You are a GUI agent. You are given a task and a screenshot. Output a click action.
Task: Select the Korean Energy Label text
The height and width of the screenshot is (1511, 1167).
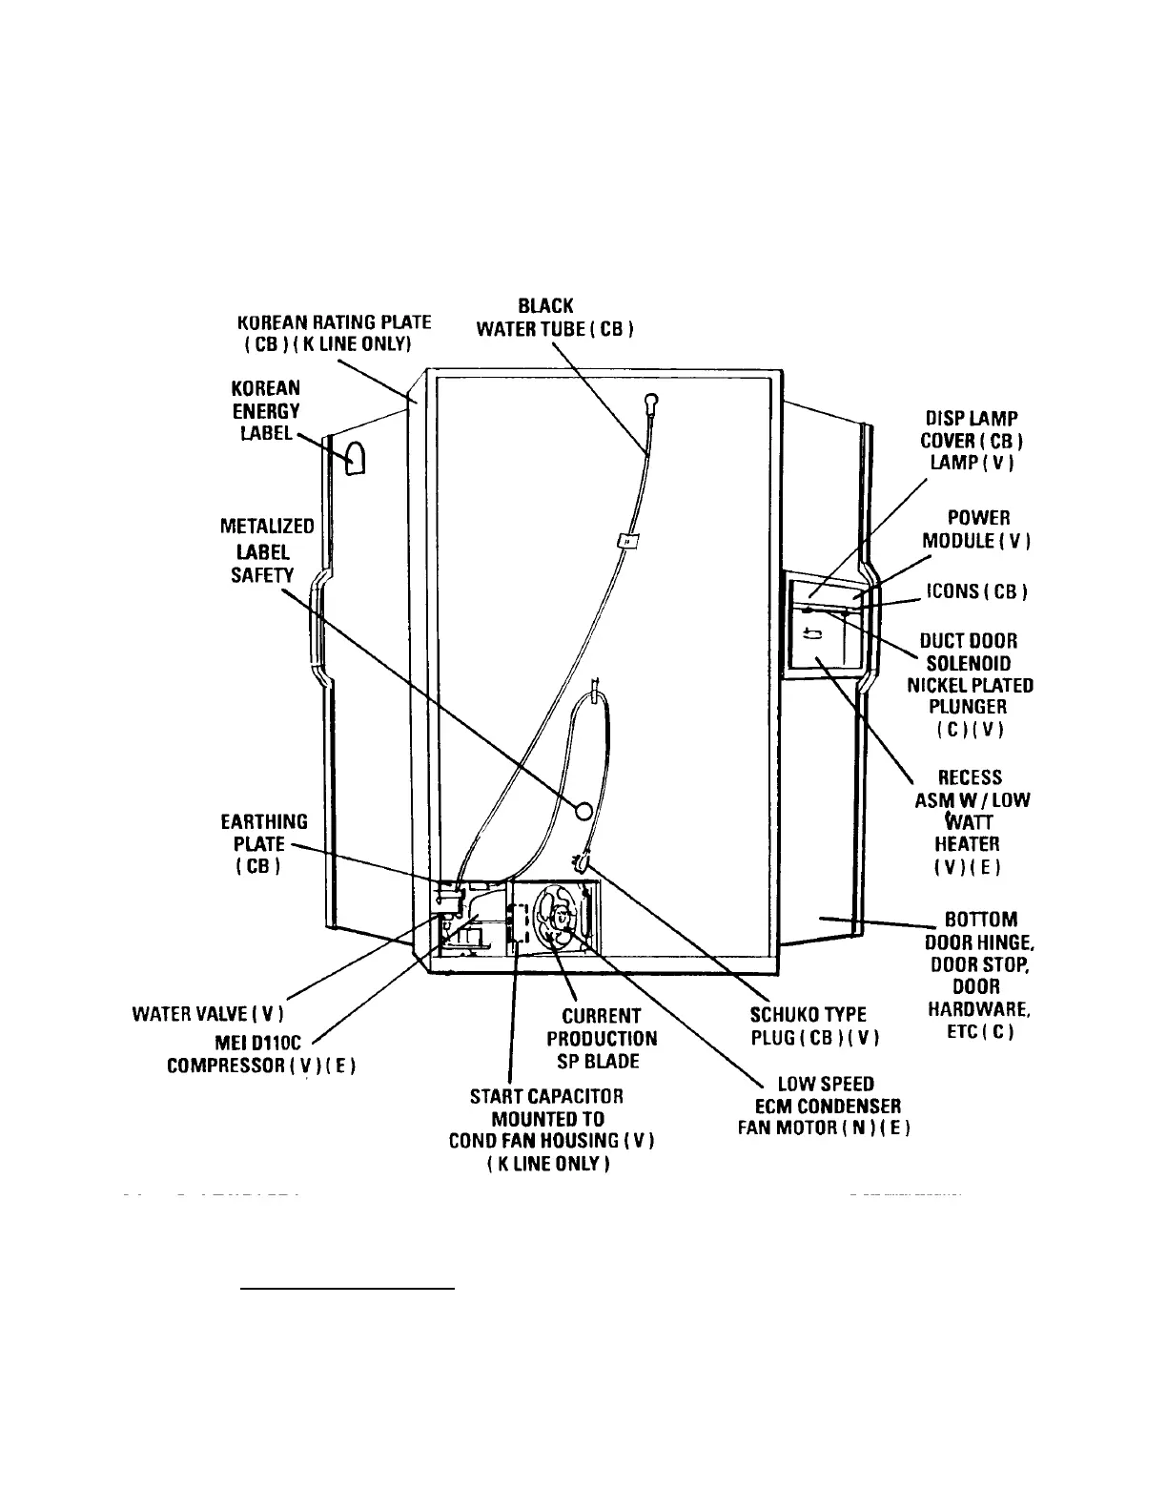[266, 411]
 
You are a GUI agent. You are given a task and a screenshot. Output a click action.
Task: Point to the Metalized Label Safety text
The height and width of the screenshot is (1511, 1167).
[267, 550]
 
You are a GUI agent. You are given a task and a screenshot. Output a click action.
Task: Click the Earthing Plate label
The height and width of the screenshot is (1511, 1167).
[264, 844]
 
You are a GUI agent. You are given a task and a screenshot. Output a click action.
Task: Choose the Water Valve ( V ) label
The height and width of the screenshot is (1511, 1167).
[208, 1012]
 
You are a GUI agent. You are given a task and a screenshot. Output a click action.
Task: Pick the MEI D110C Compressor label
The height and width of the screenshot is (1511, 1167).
[262, 1052]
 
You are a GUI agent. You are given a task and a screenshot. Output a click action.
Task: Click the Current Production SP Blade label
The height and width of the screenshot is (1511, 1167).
[602, 1038]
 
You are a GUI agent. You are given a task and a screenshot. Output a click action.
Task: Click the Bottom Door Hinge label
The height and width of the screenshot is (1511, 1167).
[979, 975]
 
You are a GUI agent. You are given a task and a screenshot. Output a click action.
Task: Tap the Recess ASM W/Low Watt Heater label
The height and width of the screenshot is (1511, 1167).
[972, 821]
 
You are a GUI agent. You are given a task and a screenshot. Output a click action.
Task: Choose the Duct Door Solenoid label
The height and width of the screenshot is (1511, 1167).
[969, 684]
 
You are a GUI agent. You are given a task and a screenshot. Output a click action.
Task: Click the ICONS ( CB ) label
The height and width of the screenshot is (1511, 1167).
[976, 591]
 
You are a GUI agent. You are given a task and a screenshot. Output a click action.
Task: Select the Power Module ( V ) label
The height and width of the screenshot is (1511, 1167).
[976, 528]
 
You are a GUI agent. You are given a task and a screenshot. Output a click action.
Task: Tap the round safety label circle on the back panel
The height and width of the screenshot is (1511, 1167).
[583, 810]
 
